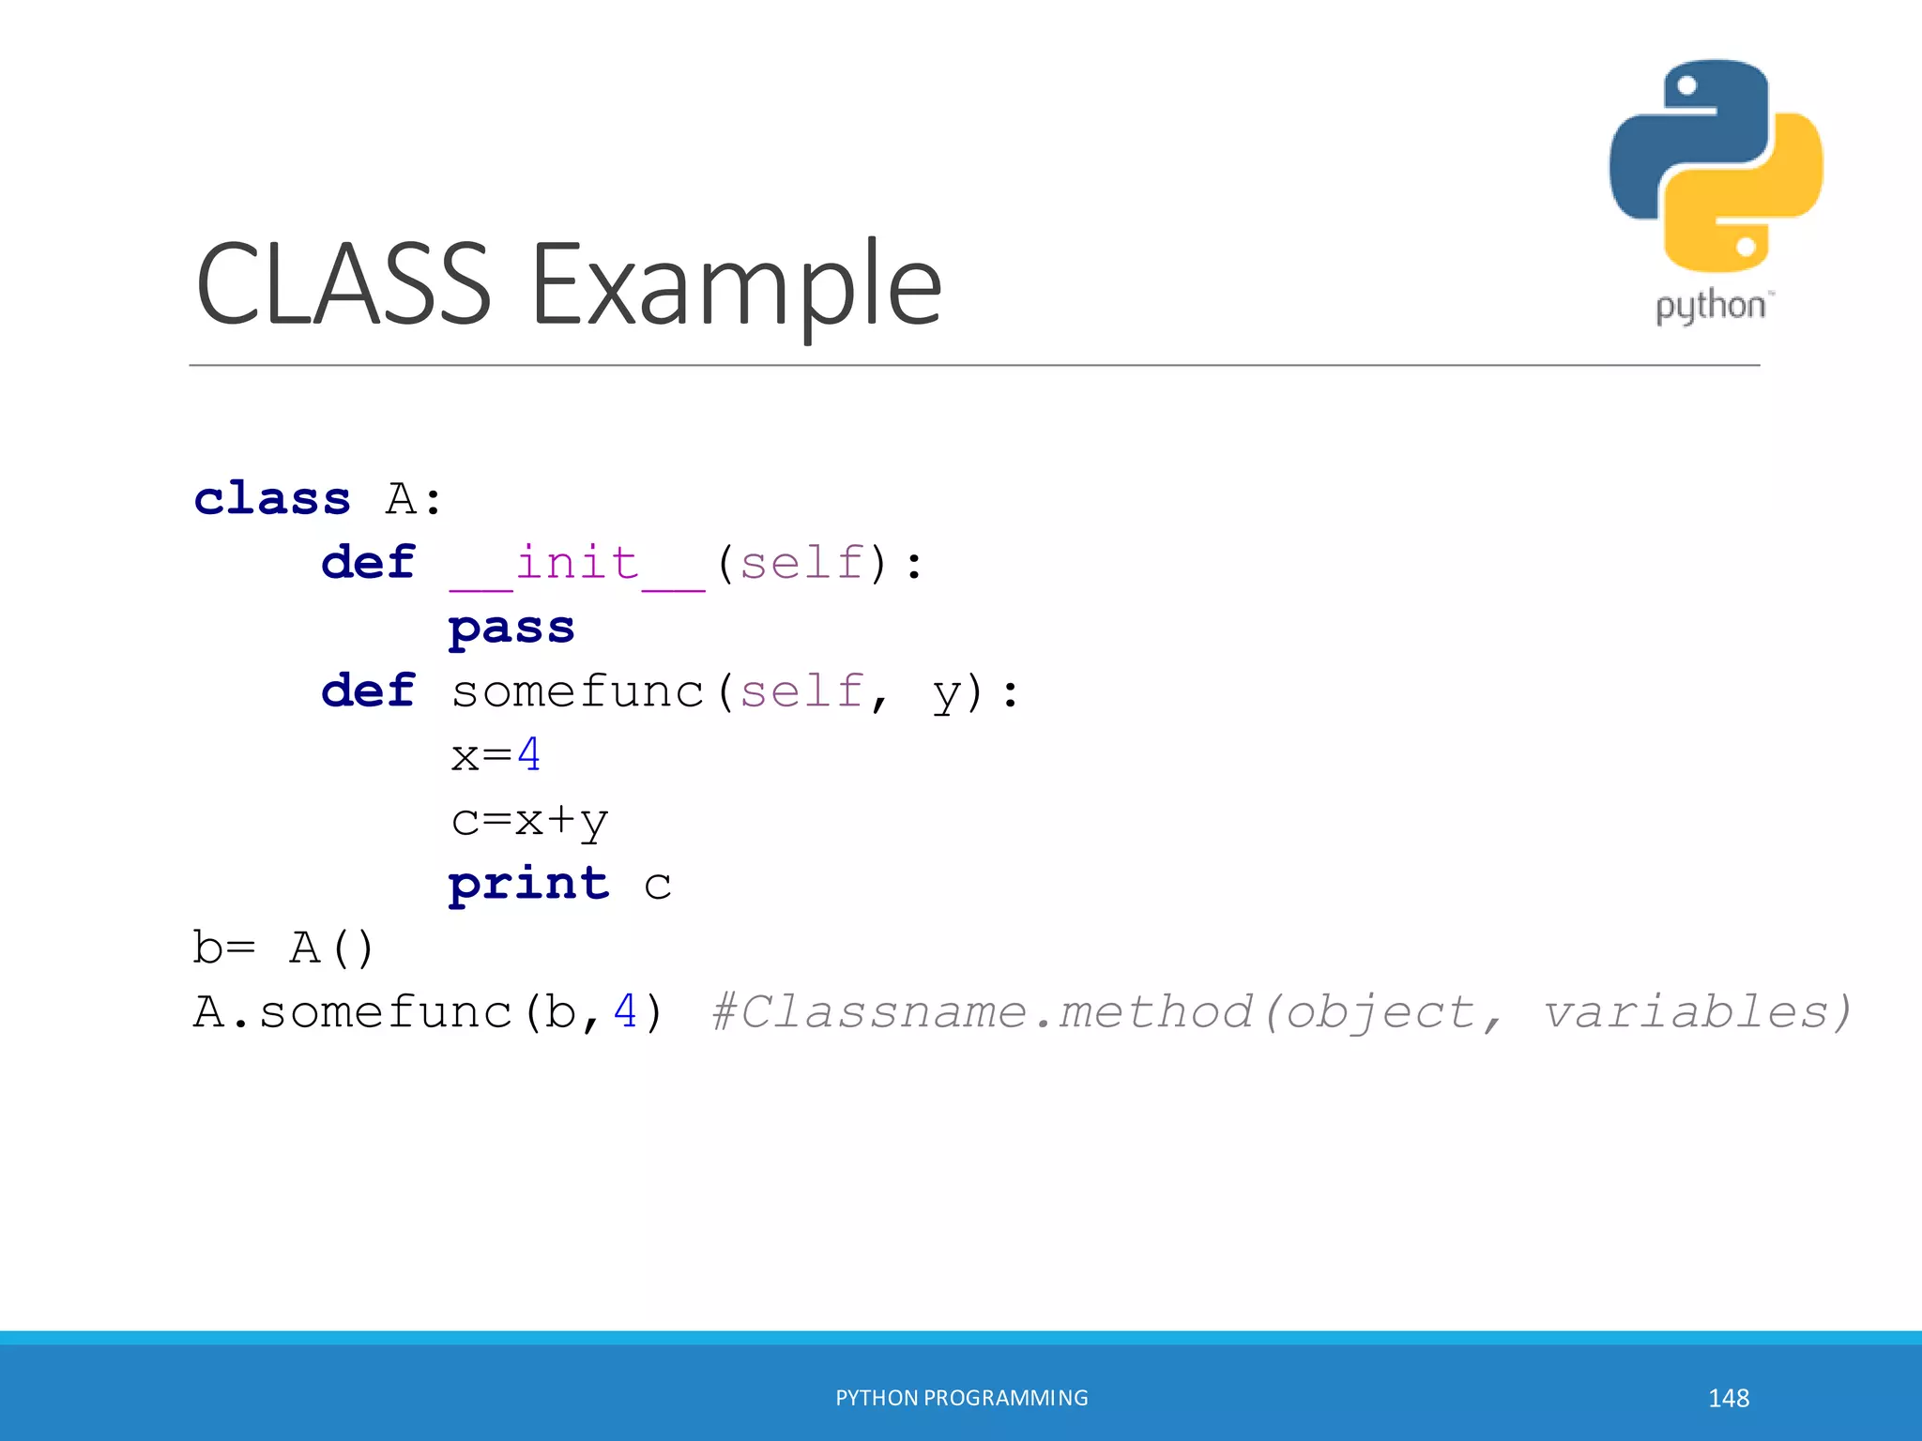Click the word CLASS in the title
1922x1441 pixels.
tap(343, 284)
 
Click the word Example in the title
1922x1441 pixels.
tap(737, 284)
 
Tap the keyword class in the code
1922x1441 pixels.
tap(272, 498)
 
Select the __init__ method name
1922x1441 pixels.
tap(577, 565)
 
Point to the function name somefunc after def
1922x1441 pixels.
tap(577, 692)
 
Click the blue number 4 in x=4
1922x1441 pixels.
tap(529, 755)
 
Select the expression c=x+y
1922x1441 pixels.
tap(529, 821)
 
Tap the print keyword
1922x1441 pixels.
tap(529, 884)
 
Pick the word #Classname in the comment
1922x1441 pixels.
tap(868, 1012)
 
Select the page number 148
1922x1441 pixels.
tap(1729, 1398)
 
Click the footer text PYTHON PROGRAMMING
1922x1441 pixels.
tap(962, 1398)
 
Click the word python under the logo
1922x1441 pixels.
tap(1710, 307)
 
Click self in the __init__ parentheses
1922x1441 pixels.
tap(801, 564)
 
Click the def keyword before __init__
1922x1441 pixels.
tap(368, 563)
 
